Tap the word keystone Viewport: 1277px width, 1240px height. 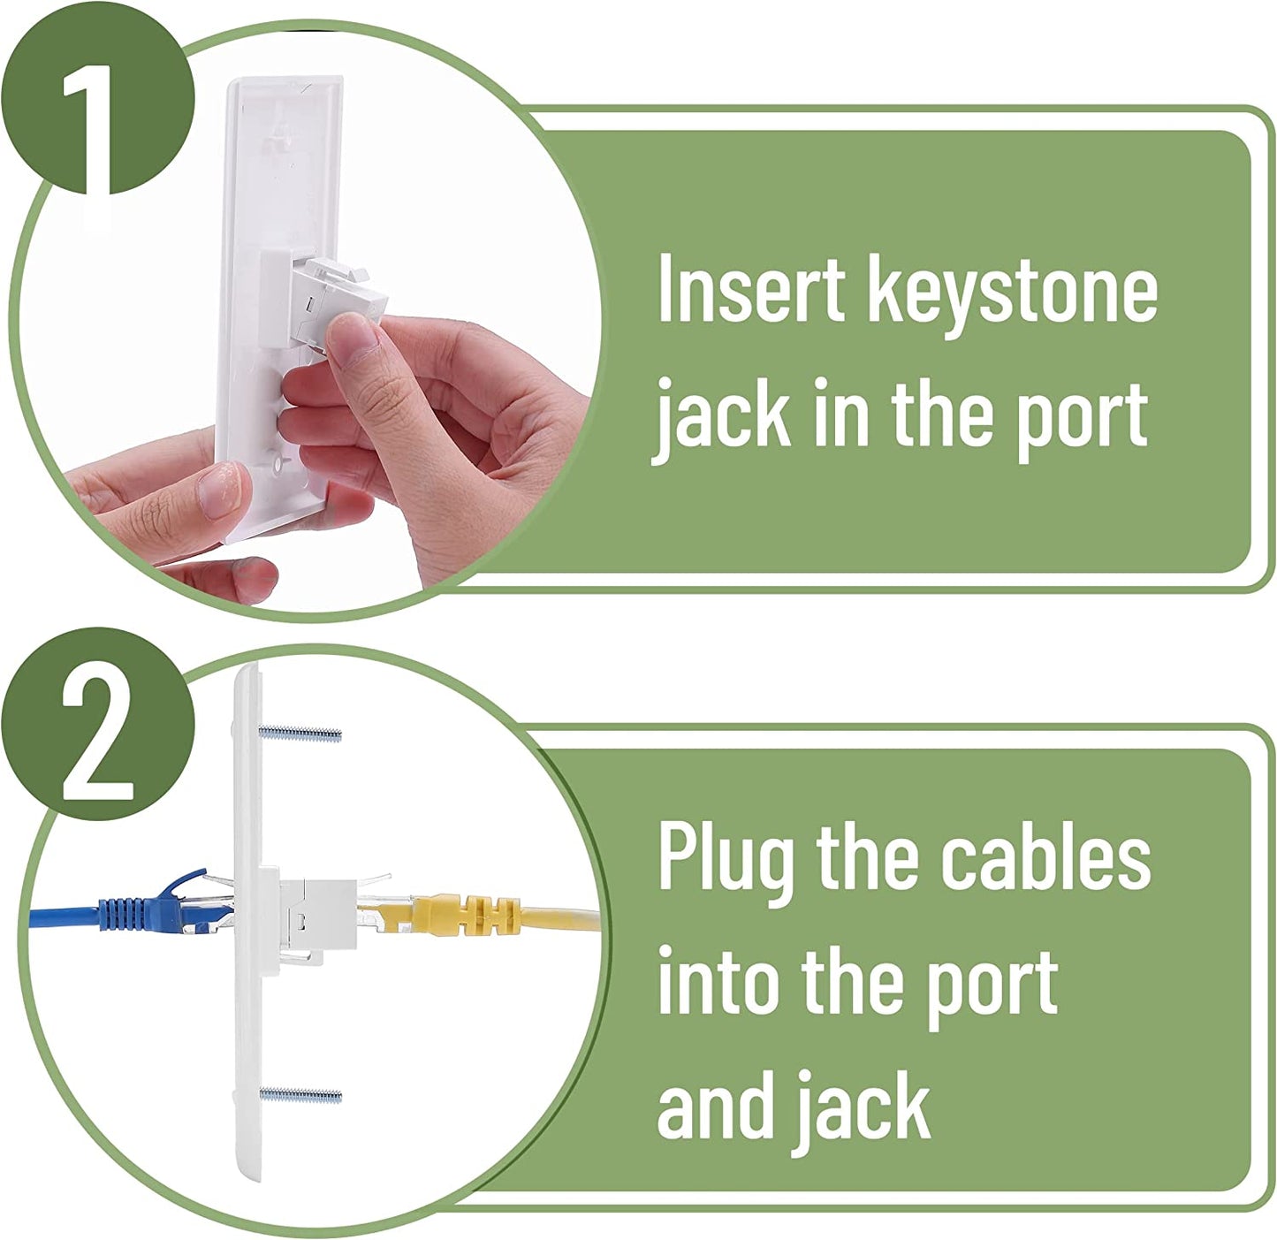(x=1013, y=295)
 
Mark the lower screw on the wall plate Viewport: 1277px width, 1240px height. (x=301, y=1094)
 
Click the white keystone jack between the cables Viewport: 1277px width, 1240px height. (x=318, y=915)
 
